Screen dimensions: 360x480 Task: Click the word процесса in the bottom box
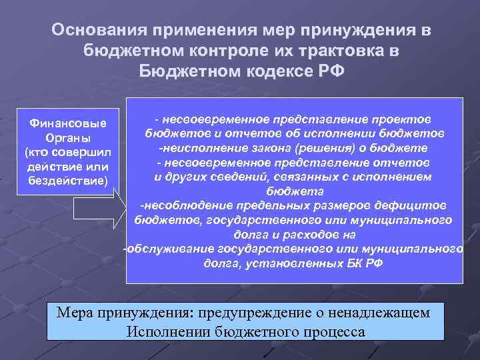pos(333,331)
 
